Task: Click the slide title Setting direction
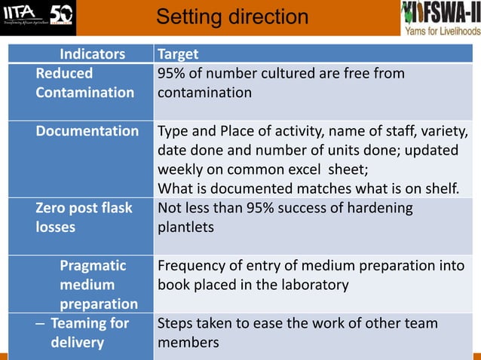(x=232, y=17)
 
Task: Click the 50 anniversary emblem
(x=61, y=16)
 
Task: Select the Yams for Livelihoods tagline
(x=442, y=31)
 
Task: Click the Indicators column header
(x=92, y=54)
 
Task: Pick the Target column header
(x=178, y=54)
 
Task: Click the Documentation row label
(x=87, y=131)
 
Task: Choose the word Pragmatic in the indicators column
(x=93, y=266)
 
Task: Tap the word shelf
(x=440, y=188)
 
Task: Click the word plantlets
(x=185, y=227)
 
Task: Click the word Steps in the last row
(x=176, y=324)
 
